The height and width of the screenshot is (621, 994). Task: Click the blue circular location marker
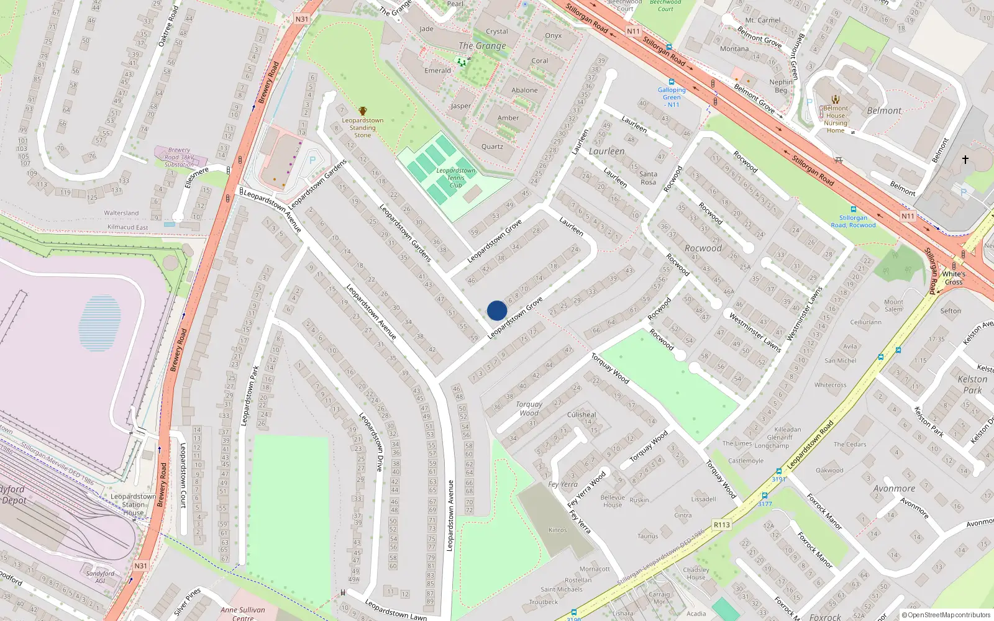coord(497,310)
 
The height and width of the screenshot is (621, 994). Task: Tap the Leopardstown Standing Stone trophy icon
coord(363,111)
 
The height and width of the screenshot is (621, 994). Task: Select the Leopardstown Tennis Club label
coord(455,178)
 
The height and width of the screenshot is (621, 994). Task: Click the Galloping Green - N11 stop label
coord(672,97)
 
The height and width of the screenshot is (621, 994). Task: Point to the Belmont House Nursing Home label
coord(836,119)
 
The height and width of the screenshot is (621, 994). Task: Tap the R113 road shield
coord(721,525)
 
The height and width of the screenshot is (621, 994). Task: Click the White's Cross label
coord(954,278)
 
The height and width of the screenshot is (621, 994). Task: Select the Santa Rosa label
coord(648,178)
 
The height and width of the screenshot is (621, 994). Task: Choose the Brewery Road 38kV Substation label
coord(179,157)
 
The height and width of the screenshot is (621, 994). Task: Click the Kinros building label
coord(557,530)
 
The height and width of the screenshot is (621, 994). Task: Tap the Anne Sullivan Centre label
coord(243,614)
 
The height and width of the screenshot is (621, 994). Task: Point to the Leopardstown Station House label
coord(134,504)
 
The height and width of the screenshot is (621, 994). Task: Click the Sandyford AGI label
coord(100,577)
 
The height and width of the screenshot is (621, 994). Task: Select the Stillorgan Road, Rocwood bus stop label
coord(854,221)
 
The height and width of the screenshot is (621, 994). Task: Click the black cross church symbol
coord(965,160)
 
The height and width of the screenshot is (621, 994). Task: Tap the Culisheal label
coord(581,415)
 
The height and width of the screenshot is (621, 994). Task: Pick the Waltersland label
coord(121,213)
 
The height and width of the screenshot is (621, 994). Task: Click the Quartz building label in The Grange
coord(492,147)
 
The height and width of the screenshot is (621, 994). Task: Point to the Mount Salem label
coord(893,306)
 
